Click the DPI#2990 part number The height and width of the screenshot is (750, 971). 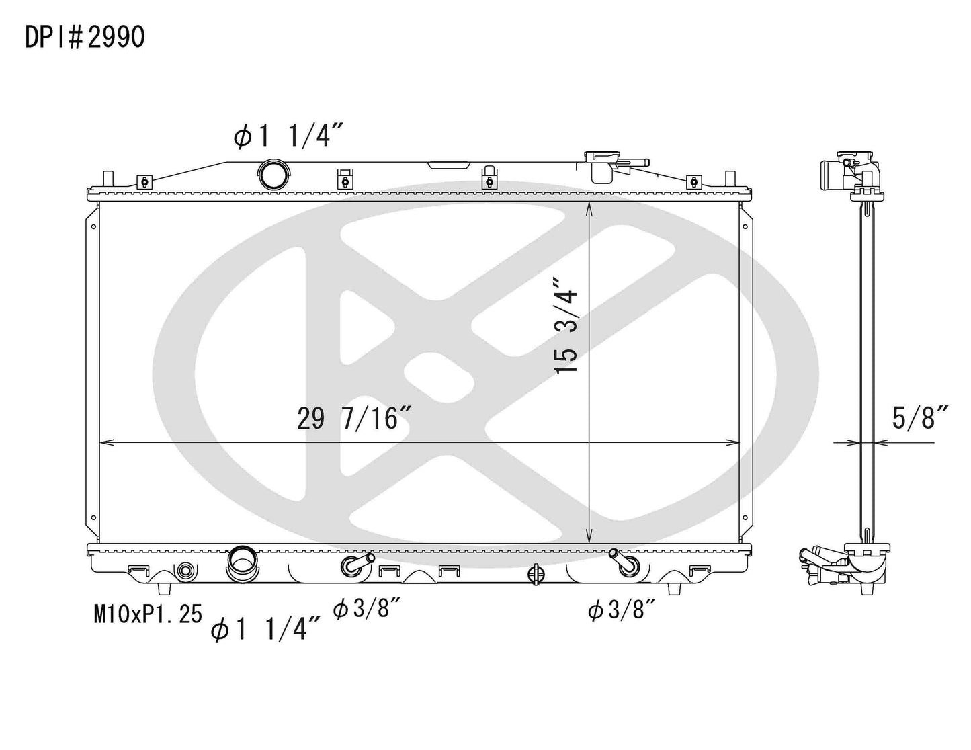coord(85,38)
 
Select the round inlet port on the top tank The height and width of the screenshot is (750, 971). coord(273,175)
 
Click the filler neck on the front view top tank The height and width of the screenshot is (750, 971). coord(601,166)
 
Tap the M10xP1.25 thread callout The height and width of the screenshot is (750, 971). coord(148,613)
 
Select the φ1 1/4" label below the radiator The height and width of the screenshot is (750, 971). coord(265,630)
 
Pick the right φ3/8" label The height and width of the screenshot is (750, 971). coord(621,610)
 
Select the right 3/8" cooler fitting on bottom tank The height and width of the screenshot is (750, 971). coord(623,564)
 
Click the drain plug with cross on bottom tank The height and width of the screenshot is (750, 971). coord(536,574)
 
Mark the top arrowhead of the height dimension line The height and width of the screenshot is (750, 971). coord(589,206)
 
